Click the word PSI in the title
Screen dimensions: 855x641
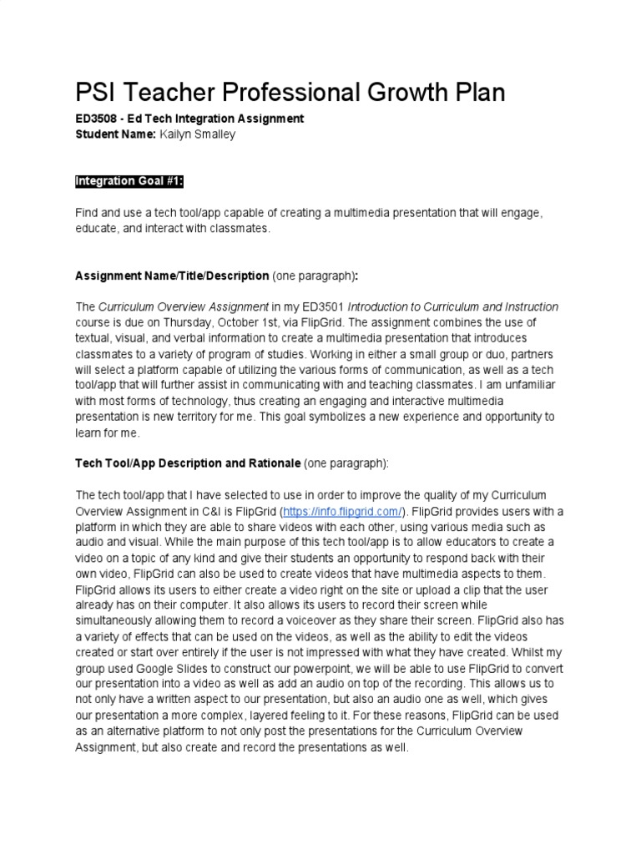click(97, 93)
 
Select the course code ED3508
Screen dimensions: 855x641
click(95, 119)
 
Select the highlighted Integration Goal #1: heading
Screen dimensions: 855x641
click(129, 181)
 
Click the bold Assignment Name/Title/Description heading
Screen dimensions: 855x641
click(172, 276)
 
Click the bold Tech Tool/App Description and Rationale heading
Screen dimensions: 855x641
click(188, 463)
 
